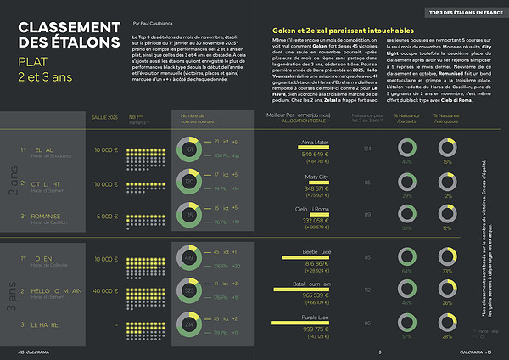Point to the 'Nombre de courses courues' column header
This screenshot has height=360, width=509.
pyautogui.click(x=200, y=117)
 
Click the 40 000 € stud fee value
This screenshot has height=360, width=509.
pyautogui.click(x=106, y=290)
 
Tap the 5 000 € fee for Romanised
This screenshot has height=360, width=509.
pyautogui.click(x=108, y=216)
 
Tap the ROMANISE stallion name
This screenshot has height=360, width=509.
pyautogui.click(x=52, y=216)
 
